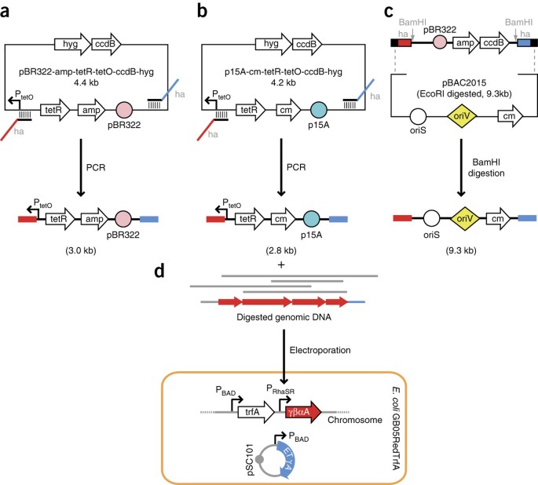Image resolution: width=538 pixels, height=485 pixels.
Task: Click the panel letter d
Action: pos(159,271)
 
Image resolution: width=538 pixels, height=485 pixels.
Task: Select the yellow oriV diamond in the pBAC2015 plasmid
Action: pos(462,116)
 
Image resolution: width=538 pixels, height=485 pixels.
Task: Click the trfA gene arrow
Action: pos(256,412)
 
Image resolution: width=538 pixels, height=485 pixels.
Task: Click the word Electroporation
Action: pos(320,350)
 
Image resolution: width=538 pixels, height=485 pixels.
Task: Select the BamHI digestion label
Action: pos(486,167)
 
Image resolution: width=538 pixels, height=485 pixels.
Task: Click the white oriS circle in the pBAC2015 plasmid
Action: pos(418,116)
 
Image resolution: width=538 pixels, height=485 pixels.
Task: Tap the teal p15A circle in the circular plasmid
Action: pos(318,110)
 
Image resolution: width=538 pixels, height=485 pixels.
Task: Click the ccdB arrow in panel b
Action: pos(307,44)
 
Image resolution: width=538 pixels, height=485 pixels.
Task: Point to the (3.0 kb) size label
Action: pos(81,250)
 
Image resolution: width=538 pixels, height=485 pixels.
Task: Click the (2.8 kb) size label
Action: pos(281,250)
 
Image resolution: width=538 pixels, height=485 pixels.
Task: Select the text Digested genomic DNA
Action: pos(284,317)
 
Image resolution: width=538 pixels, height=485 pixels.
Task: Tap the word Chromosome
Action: pos(355,420)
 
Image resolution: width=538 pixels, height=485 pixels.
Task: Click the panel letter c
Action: pos(389,11)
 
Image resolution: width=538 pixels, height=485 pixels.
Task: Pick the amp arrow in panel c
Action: pos(466,43)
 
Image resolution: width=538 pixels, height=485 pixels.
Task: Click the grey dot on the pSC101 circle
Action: pos(260,459)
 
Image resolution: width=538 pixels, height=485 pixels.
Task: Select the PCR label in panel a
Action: pos(96,168)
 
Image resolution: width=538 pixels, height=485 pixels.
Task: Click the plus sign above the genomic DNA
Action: pos(281,264)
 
